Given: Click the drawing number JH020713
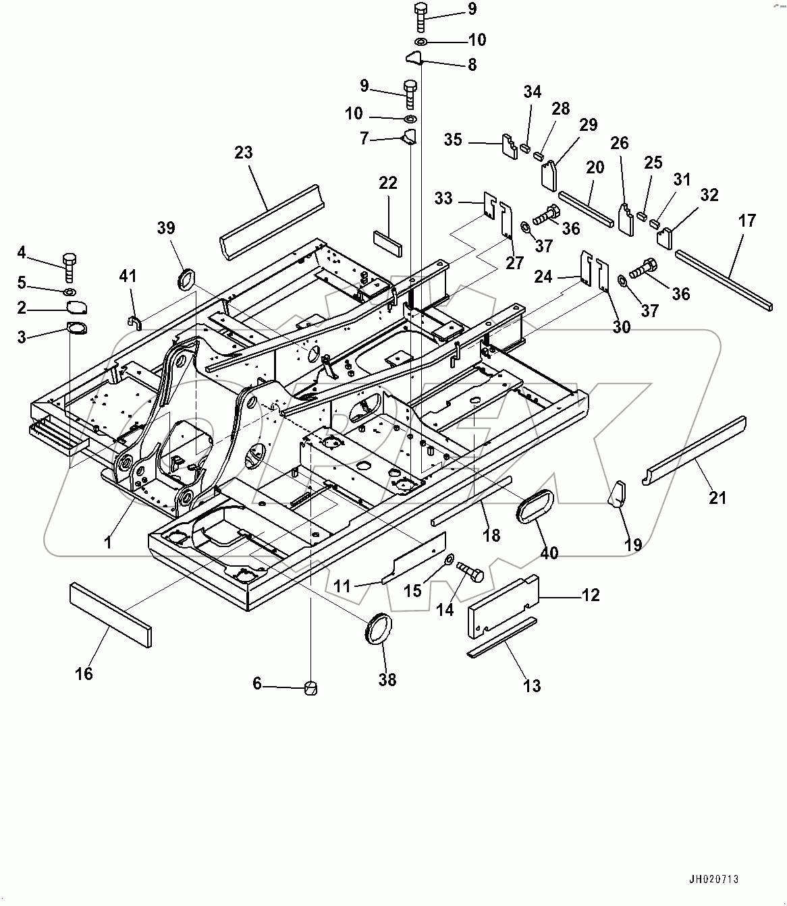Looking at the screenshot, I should pyautogui.click(x=713, y=880).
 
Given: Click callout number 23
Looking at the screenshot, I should pyautogui.click(x=244, y=152).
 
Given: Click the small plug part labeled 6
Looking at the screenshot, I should pyautogui.click(x=310, y=687).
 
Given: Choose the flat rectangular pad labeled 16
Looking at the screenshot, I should pyautogui.click(x=110, y=615).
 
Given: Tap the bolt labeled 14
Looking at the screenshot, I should pyautogui.click(x=470, y=573).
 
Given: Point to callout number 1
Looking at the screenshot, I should pyautogui.click(x=107, y=542).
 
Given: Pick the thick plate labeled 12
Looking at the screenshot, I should pyautogui.click(x=504, y=605).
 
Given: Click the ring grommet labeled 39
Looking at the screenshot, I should pyautogui.click(x=186, y=278).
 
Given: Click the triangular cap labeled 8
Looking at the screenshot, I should pyautogui.click(x=413, y=59).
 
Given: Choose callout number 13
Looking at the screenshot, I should pyautogui.click(x=532, y=686).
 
